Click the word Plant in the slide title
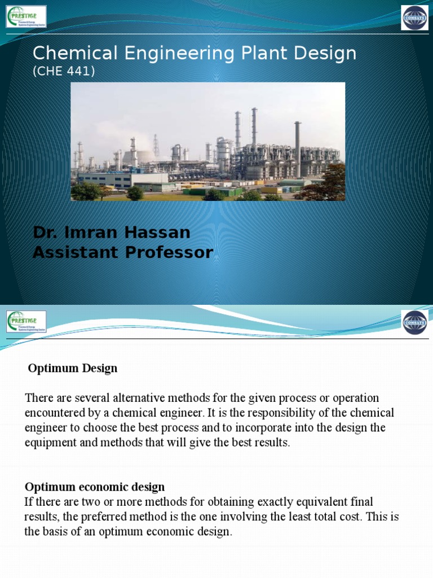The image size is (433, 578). [x=231, y=53]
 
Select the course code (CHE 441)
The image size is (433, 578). [x=64, y=71]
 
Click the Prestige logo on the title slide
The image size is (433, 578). [x=26, y=16]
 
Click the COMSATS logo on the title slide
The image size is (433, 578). [x=414, y=17]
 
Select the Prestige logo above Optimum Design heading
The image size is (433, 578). [x=26, y=322]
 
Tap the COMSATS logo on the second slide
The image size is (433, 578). [x=414, y=322]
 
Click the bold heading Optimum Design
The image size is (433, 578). [x=73, y=369]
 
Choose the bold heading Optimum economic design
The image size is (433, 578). [x=95, y=487]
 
